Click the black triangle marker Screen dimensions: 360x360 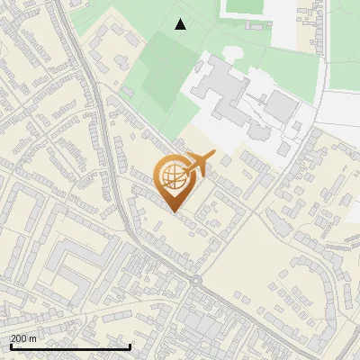[x=181, y=24]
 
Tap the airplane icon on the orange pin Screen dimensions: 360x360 [x=197, y=165]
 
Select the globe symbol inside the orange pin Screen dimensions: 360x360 [x=172, y=176]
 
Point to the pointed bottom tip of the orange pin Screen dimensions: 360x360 [x=173, y=212]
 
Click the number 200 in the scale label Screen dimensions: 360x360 [x=20, y=338]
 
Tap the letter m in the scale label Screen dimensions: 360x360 [x=34, y=338]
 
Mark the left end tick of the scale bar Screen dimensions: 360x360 [x=10, y=346]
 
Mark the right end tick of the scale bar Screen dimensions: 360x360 [x=130, y=346]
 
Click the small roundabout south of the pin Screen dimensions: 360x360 [x=194, y=280]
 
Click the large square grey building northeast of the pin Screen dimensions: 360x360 [x=282, y=107]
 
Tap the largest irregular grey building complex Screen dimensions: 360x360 [x=220, y=90]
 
